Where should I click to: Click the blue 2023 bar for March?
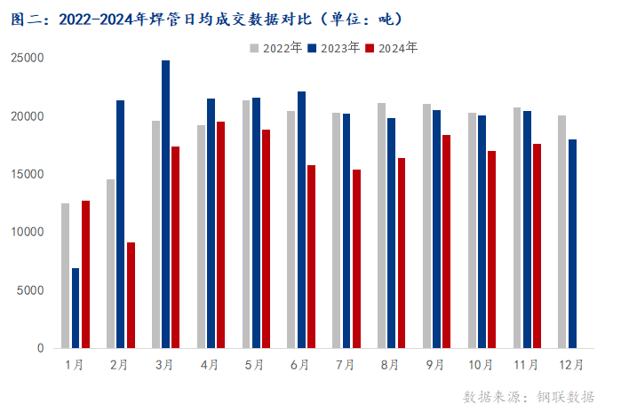click(x=165, y=204)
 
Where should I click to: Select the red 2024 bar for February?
click(x=131, y=295)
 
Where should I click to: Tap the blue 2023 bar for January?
click(x=76, y=307)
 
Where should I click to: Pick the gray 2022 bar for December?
click(x=561, y=232)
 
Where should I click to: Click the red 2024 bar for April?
click(x=221, y=234)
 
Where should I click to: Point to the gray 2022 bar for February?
click(x=110, y=264)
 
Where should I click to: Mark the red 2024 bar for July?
click(x=356, y=258)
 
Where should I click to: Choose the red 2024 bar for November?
click(x=537, y=246)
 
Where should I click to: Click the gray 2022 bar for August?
click(x=381, y=226)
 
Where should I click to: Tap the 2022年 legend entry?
click(x=276, y=48)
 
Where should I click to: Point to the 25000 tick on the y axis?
click(x=29, y=58)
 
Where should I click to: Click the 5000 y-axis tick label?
click(x=32, y=290)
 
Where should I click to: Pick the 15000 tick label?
click(x=29, y=174)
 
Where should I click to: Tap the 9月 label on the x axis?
click(x=435, y=364)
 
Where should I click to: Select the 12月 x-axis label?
click(x=571, y=364)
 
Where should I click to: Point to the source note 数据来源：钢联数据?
click(x=529, y=396)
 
